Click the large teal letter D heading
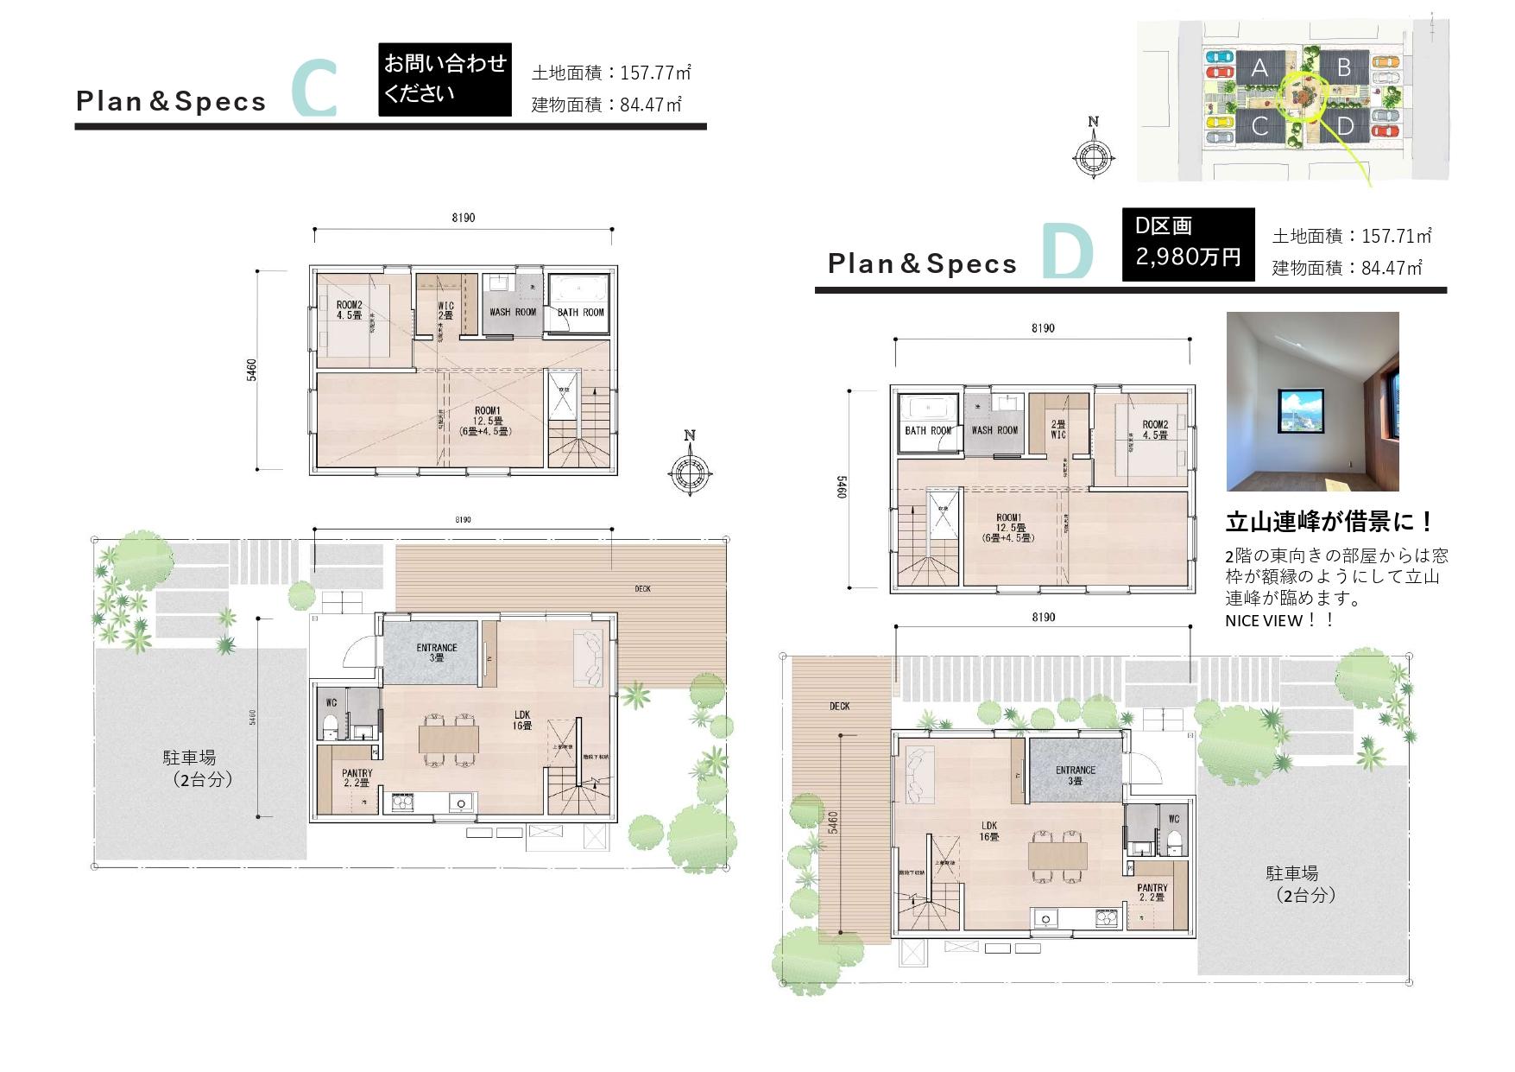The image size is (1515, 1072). pos(1067,252)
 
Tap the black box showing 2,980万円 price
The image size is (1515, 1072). pos(1188,244)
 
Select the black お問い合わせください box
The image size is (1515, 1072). pos(445,79)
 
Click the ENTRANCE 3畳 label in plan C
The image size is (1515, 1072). pos(436,652)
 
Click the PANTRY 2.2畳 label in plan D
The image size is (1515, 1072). pos(1152,892)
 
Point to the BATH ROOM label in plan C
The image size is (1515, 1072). pos(580,312)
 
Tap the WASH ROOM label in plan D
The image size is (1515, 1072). pos(994,429)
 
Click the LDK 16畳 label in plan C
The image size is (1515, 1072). pos(521,720)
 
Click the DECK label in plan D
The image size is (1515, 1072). pos(839,706)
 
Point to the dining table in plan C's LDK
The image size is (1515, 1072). pos(448,739)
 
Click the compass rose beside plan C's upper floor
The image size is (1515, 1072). pos(689,472)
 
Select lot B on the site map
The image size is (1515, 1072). pos(1343,67)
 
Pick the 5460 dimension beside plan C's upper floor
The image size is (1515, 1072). pos(251,370)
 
